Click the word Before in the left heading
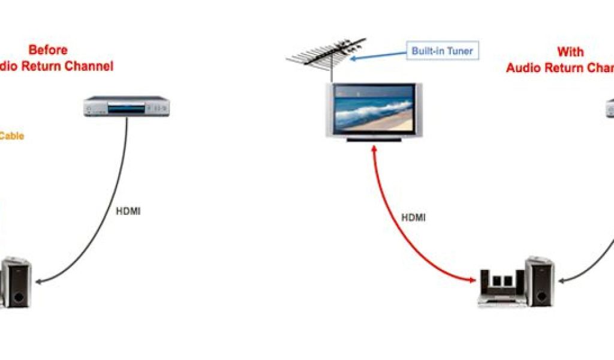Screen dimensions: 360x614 click(x=48, y=50)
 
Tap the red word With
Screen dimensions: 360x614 click(x=570, y=52)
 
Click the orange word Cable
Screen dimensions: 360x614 click(x=11, y=136)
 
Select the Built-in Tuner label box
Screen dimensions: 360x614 click(x=442, y=51)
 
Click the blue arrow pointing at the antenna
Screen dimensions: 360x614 click(x=378, y=55)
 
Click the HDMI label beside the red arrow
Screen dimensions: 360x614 click(x=413, y=218)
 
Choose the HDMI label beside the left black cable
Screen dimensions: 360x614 click(x=128, y=211)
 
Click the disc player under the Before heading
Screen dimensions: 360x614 click(x=127, y=106)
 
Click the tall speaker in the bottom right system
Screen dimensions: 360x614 click(x=540, y=282)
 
